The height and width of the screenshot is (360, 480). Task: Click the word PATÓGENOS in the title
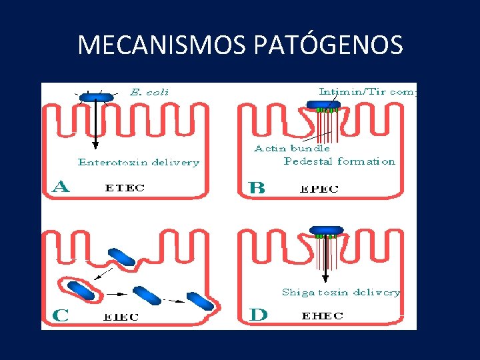[x=329, y=45]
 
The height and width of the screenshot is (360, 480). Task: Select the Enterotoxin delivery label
[x=139, y=162]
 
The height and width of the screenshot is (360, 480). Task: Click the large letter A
[x=61, y=186]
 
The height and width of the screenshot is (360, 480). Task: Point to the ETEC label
[x=125, y=188]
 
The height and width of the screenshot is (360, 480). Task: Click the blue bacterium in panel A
[x=96, y=97]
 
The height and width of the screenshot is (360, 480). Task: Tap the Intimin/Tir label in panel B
[x=367, y=91]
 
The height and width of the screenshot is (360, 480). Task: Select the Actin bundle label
[x=292, y=148]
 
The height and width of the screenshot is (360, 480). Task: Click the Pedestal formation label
[x=339, y=161]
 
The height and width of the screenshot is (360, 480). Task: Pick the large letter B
[x=257, y=187]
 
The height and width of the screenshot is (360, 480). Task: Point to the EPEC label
[x=319, y=189]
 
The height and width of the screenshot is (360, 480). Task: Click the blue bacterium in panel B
[x=323, y=104]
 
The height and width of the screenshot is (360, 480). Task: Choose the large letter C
[x=60, y=315]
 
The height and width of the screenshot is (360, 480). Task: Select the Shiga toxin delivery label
[x=341, y=292]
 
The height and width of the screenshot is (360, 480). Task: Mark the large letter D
[x=258, y=314]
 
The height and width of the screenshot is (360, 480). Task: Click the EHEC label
[x=323, y=316]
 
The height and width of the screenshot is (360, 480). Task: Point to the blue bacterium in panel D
[x=326, y=230]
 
